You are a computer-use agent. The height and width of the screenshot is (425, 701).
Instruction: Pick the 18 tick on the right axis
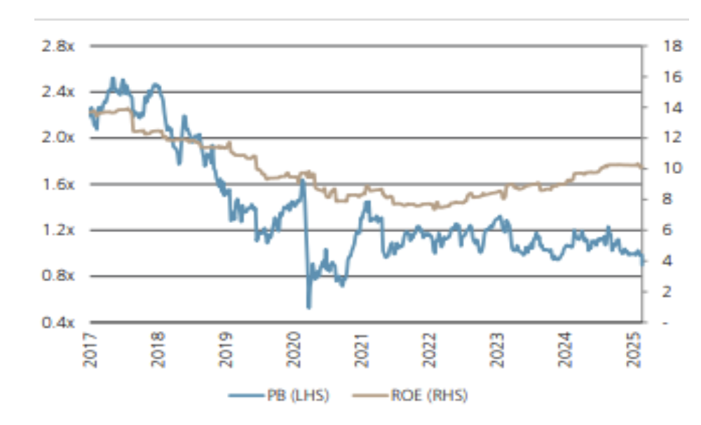click(x=671, y=46)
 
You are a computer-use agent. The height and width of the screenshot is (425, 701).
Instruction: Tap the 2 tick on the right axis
click(x=667, y=292)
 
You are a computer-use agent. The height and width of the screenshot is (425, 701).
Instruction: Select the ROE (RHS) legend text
click(x=428, y=396)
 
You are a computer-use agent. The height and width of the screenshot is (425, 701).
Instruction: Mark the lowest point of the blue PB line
click(x=308, y=307)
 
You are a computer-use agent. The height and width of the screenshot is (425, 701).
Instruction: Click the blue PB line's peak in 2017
click(x=113, y=79)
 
